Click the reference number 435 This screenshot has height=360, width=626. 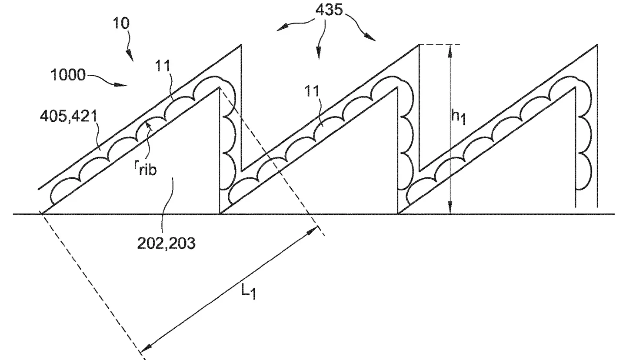(329, 10)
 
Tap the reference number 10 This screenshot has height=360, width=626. (121, 23)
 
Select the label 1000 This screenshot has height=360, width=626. (68, 75)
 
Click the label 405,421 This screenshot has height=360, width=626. (69, 116)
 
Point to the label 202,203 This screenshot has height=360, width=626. (166, 243)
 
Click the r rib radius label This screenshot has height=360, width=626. (145, 168)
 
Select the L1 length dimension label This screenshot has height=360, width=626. (249, 291)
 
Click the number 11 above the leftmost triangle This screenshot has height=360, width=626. (163, 66)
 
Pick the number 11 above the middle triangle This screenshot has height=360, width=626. (312, 91)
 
